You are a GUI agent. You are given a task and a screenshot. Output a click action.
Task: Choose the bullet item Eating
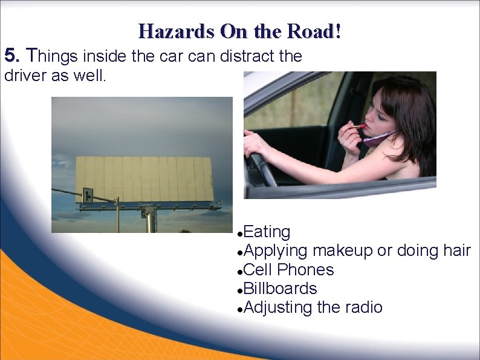pos(267,232)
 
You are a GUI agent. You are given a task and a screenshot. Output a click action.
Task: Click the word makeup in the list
pos(342,250)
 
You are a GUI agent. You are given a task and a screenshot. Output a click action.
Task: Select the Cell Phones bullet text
pos(289,270)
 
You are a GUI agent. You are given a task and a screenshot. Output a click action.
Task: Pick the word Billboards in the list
pos(281,289)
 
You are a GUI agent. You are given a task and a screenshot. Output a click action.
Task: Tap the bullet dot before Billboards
pos(240,290)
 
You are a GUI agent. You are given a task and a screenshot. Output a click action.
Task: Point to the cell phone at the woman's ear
pos(378,137)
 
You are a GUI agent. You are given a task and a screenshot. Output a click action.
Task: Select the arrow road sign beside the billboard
pos(88,195)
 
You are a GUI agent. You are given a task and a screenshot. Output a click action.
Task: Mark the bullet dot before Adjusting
pos(240,309)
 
